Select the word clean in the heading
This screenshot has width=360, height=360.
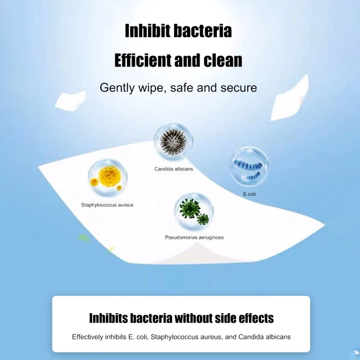[x=223, y=60]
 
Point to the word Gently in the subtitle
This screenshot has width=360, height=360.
[x=117, y=88]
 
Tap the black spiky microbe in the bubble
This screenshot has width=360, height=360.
[x=174, y=142]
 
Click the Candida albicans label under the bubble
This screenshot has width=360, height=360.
[x=174, y=169]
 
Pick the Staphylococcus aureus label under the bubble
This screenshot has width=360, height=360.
[x=107, y=205]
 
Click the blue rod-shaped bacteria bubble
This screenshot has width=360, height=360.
[x=249, y=166]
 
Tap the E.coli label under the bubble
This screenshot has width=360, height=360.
[x=249, y=194]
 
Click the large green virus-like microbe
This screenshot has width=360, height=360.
[x=189, y=208]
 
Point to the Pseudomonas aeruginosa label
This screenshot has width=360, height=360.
[x=194, y=238]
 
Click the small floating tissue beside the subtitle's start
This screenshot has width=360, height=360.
[x=71, y=100]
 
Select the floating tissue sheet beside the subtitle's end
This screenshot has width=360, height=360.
[x=290, y=98]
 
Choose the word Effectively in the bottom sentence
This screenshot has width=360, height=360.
[x=87, y=337]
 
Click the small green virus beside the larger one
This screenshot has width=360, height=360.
[x=203, y=219]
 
